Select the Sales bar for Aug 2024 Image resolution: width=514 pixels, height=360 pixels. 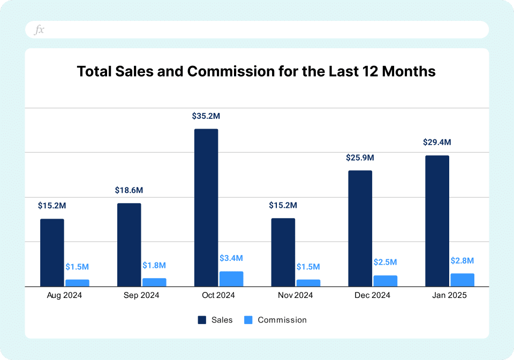pos(52,253)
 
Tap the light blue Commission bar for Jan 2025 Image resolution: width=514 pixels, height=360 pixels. pos(463,280)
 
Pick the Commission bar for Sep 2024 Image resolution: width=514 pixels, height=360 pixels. pos(154,282)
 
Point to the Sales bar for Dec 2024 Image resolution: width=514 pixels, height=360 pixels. pos(360,229)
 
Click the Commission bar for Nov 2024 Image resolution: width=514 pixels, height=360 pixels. pos(308,283)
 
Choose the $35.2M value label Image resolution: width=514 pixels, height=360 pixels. pos(206,115)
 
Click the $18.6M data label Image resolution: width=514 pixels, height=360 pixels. pos(129,190)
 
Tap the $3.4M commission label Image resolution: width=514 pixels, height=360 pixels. pos(231,258)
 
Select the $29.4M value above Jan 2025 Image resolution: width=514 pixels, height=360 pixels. pos(437,142)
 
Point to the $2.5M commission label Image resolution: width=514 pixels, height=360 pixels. pos(385,262)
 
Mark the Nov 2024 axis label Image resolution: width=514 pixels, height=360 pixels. pos(296,295)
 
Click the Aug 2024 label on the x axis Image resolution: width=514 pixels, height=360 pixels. pos(65,295)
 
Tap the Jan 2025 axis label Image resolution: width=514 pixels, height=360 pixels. pos(450,295)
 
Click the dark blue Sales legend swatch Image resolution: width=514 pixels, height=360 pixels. pos(202,320)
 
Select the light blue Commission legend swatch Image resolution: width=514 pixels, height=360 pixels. pos(248,320)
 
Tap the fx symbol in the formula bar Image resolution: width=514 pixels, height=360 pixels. pos(39,30)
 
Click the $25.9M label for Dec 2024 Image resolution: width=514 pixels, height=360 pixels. pos(360,157)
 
